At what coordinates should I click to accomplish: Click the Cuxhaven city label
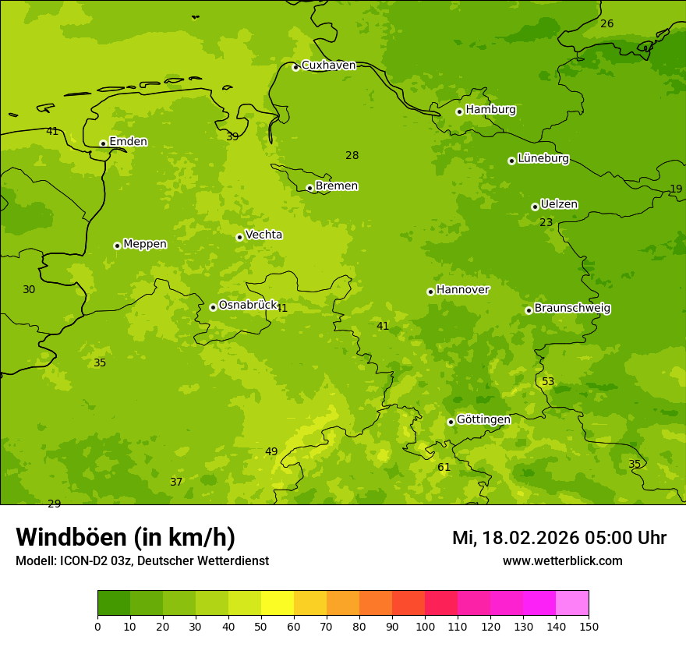[328, 65]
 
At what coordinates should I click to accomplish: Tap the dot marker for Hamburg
[459, 111]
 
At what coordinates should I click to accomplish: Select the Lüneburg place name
[543, 158]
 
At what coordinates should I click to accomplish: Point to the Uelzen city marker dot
[535, 207]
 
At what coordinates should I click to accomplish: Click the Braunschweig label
[572, 308]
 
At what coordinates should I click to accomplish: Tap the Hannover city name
[462, 289]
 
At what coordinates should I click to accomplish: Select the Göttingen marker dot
[451, 422]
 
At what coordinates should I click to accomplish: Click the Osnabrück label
[248, 305]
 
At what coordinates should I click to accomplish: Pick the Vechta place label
[263, 235]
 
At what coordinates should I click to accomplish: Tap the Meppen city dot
[117, 246]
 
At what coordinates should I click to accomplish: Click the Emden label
[128, 141]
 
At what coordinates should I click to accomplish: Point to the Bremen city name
[337, 186]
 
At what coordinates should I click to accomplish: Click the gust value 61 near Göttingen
[444, 467]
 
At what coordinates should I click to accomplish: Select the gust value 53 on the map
[548, 381]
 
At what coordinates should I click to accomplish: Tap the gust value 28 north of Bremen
[352, 155]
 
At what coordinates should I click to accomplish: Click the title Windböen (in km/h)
[126, 537]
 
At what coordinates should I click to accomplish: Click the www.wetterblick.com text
[562, 561]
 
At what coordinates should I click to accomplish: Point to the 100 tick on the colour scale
[425, 626]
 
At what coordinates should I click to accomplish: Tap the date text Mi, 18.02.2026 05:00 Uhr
[559, 538]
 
